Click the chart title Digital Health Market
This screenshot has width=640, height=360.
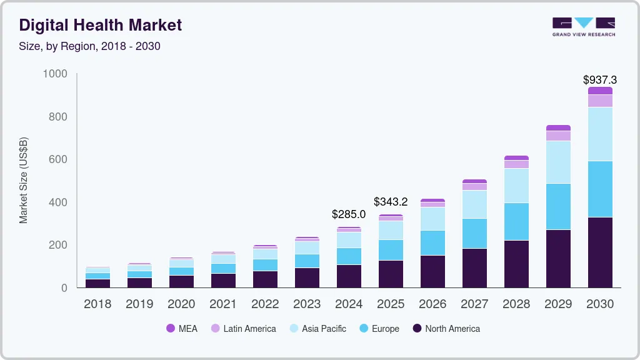101,25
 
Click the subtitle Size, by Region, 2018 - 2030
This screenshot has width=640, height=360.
90,46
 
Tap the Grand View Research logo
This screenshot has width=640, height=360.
583,26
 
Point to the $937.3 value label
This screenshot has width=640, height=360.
599,80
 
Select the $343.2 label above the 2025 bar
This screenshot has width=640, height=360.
391,202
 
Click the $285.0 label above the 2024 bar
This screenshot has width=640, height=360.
349,214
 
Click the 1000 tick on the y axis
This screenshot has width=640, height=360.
55,74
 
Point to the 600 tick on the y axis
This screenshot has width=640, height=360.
58,159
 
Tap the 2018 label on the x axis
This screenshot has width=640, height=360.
97,304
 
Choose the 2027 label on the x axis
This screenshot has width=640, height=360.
474,304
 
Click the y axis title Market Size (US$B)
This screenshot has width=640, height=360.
24,181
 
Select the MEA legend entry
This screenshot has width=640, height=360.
182,329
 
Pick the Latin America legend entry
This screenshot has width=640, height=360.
243,329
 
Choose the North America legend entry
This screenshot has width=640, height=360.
446,329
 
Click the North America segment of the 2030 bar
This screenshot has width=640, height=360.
600,252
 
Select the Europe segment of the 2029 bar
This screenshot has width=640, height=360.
558,206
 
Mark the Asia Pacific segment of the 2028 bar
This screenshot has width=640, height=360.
516,186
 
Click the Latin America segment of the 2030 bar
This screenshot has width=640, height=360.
600,101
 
